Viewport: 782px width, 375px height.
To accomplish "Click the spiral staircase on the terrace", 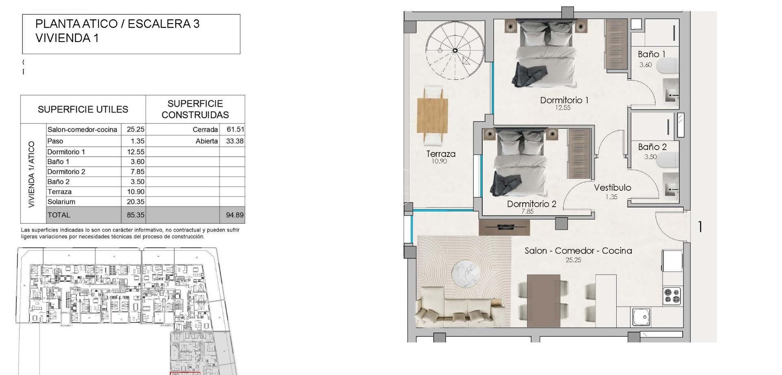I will click(455, 50).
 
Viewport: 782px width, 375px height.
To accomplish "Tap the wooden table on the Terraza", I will click(433, 115).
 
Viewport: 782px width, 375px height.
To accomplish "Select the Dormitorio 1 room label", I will click(564, 100).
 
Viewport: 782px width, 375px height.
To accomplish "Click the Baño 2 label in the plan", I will click(652, 147).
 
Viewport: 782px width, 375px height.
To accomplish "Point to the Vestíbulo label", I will click(612, 187).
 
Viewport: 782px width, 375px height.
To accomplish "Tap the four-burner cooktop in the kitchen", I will click(672, 296).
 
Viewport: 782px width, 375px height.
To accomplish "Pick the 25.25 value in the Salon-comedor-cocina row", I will click(135, 129).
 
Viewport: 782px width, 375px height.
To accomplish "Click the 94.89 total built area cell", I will click(235, 215).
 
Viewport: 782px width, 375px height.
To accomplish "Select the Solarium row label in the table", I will click(62, 202).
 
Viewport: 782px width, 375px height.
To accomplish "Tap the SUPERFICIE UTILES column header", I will click(83, 109).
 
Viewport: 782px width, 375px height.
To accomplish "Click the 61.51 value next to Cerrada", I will click(235, 129).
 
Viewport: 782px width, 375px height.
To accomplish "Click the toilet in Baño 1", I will click(668, 66).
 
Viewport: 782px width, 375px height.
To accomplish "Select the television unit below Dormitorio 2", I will click(504, 227).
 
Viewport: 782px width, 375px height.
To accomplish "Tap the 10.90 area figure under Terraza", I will click(439, 161).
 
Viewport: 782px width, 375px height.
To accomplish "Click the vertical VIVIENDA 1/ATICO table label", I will click(32, 174).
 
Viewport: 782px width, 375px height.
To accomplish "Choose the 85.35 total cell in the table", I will click(135, 215).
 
